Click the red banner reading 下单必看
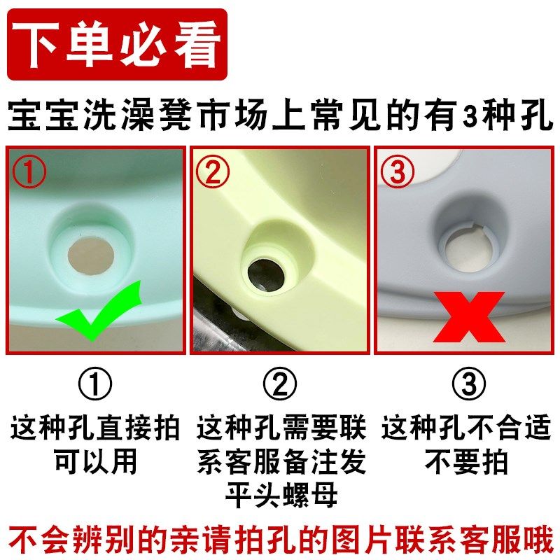tap(117, 44)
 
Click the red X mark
tap(468, 316)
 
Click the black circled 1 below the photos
tap(95, 384)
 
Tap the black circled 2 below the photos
tap(281, 384)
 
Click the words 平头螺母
tap(281, 495)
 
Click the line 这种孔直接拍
tap(95, 426)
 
